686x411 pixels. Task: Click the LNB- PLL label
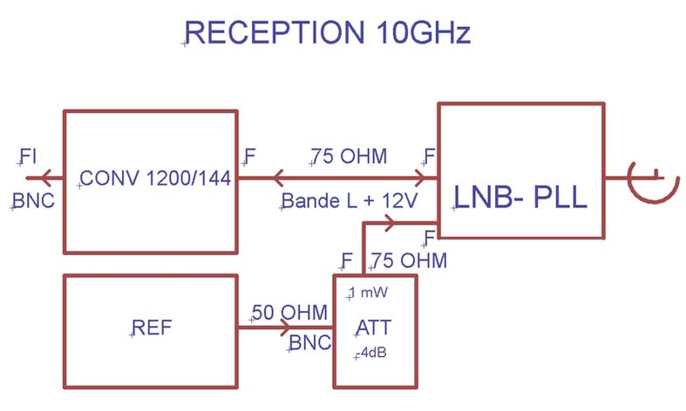click(x=520, y=199)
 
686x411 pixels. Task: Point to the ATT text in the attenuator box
click(x=374, y=327)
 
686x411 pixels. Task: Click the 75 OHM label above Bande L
click(x=349, y=157)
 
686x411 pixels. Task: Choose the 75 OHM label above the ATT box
click(x=409, y=260)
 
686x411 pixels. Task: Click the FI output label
click(x=27, y=157)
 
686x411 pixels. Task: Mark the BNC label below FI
click(x=33, y=202)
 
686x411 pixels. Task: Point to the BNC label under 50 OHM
click(x=309, y=343)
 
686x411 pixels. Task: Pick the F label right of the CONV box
click(x=249, y=157)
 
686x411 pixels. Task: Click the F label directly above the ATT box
click(x=348, y=260)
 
